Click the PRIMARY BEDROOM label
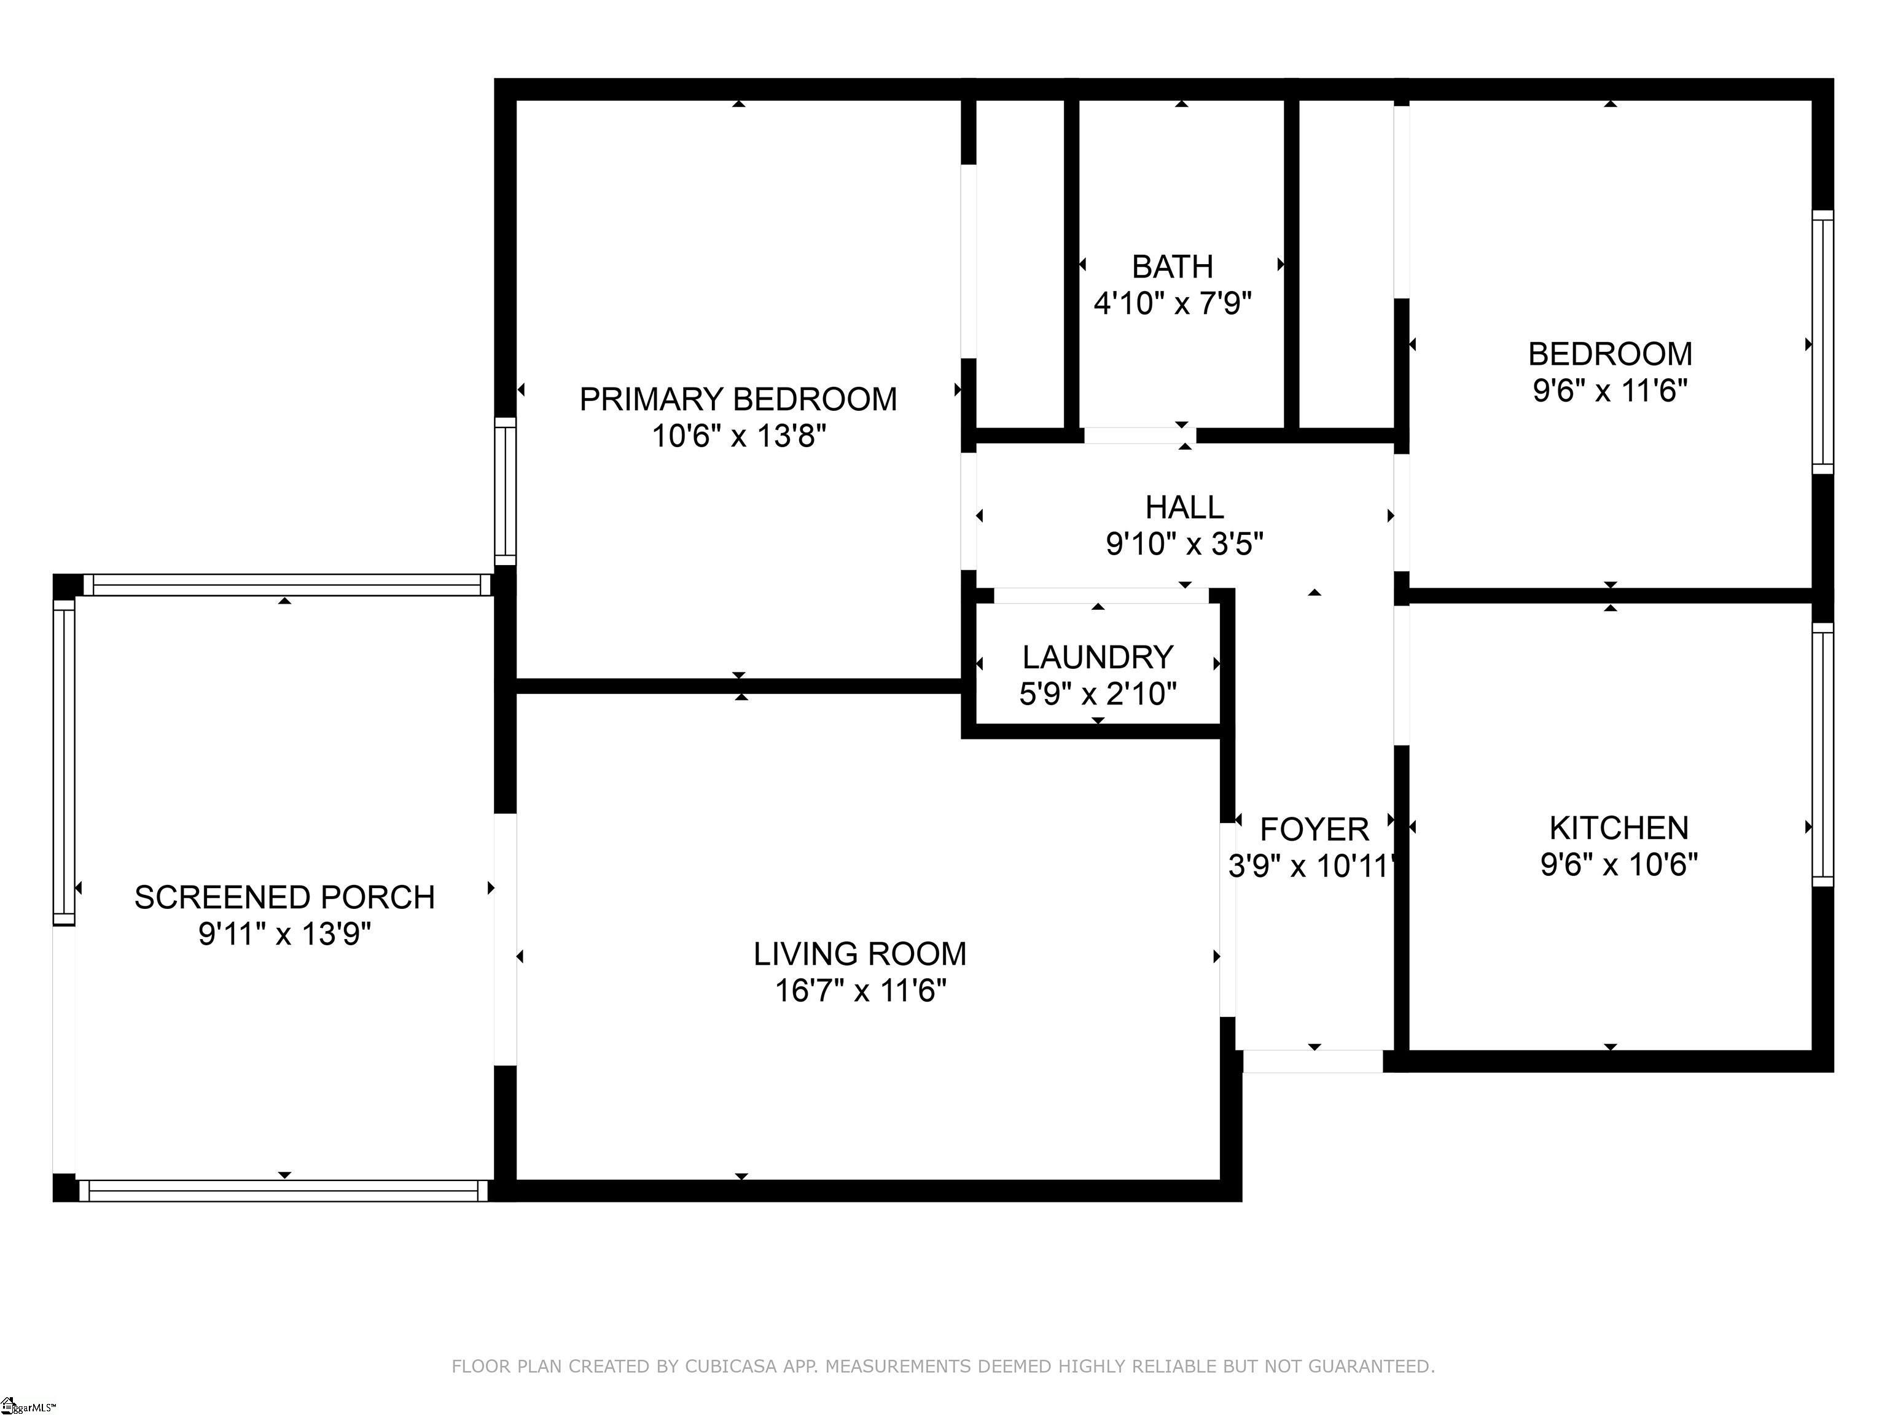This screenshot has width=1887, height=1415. point(738,399)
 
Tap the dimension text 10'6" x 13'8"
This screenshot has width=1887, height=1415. point(739,437)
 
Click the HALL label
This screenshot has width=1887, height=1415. point(1184,507)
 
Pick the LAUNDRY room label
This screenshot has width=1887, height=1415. point(1098,658)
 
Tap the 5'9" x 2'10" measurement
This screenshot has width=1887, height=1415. point(1098,694)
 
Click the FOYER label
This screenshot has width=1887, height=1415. point(1314,829)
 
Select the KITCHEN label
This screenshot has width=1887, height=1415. point(1619,828)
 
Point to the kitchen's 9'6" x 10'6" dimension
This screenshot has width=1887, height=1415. point(1619,865)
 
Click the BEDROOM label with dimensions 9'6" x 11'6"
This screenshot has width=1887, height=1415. point(1610,354)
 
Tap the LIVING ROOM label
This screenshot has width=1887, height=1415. point(860,954)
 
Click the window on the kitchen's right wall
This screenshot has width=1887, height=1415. point(1822,755)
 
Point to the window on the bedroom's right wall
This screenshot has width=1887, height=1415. point(1822,341)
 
